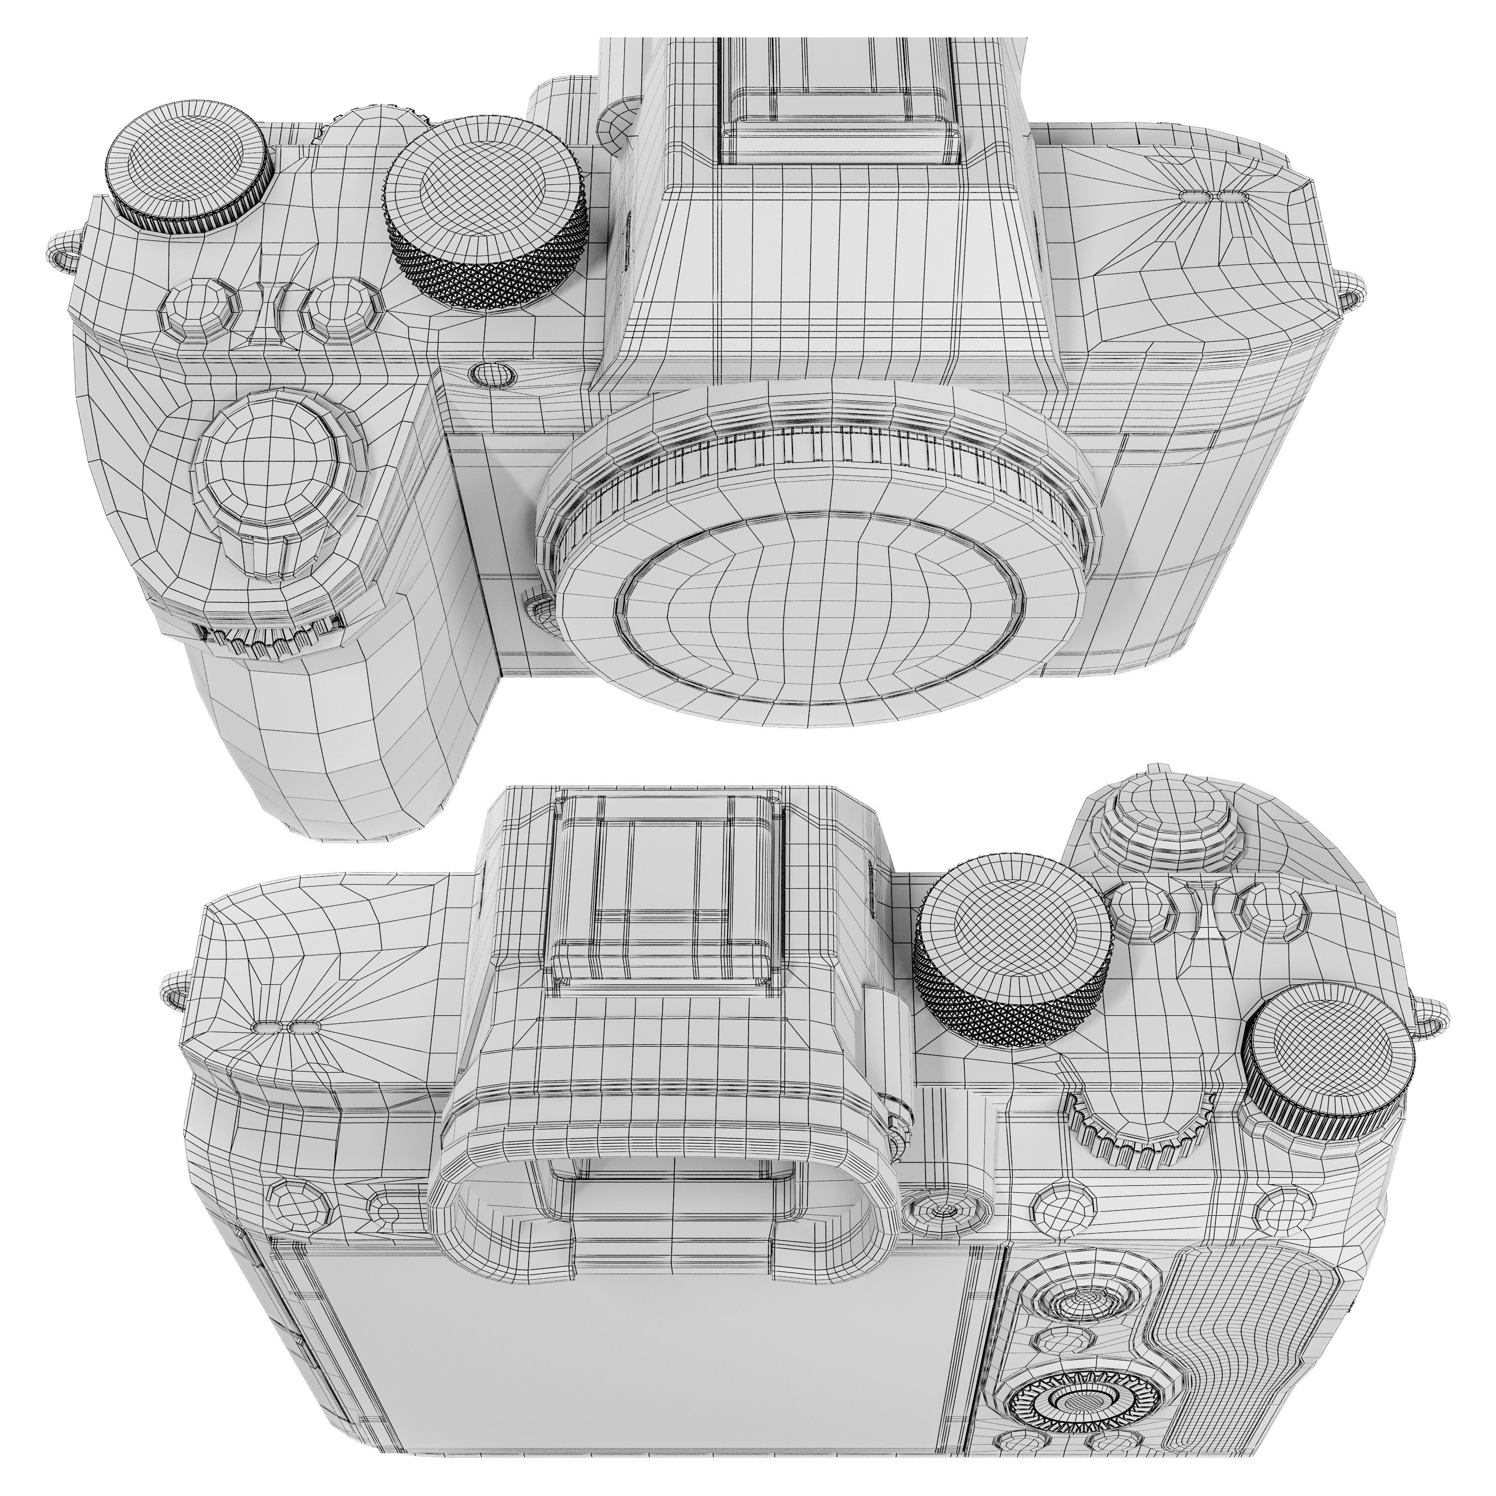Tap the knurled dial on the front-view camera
point(486,213)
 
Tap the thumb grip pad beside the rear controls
point(1247,1347)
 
